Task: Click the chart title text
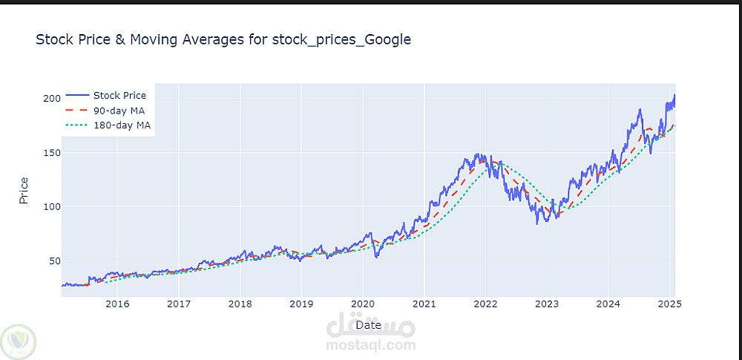223,39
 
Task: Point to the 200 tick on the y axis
50,99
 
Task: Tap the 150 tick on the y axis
50,153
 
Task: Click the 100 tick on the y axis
50,207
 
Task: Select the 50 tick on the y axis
53,261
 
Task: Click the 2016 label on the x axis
117,304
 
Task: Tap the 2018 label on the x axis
240,304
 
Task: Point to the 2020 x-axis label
363,304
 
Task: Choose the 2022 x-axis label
485,304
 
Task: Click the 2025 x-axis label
669,304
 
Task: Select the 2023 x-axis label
547,304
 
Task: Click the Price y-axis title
24,190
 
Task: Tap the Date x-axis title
368,325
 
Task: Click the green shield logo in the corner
20,340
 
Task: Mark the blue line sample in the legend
77,95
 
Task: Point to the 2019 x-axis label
301,304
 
